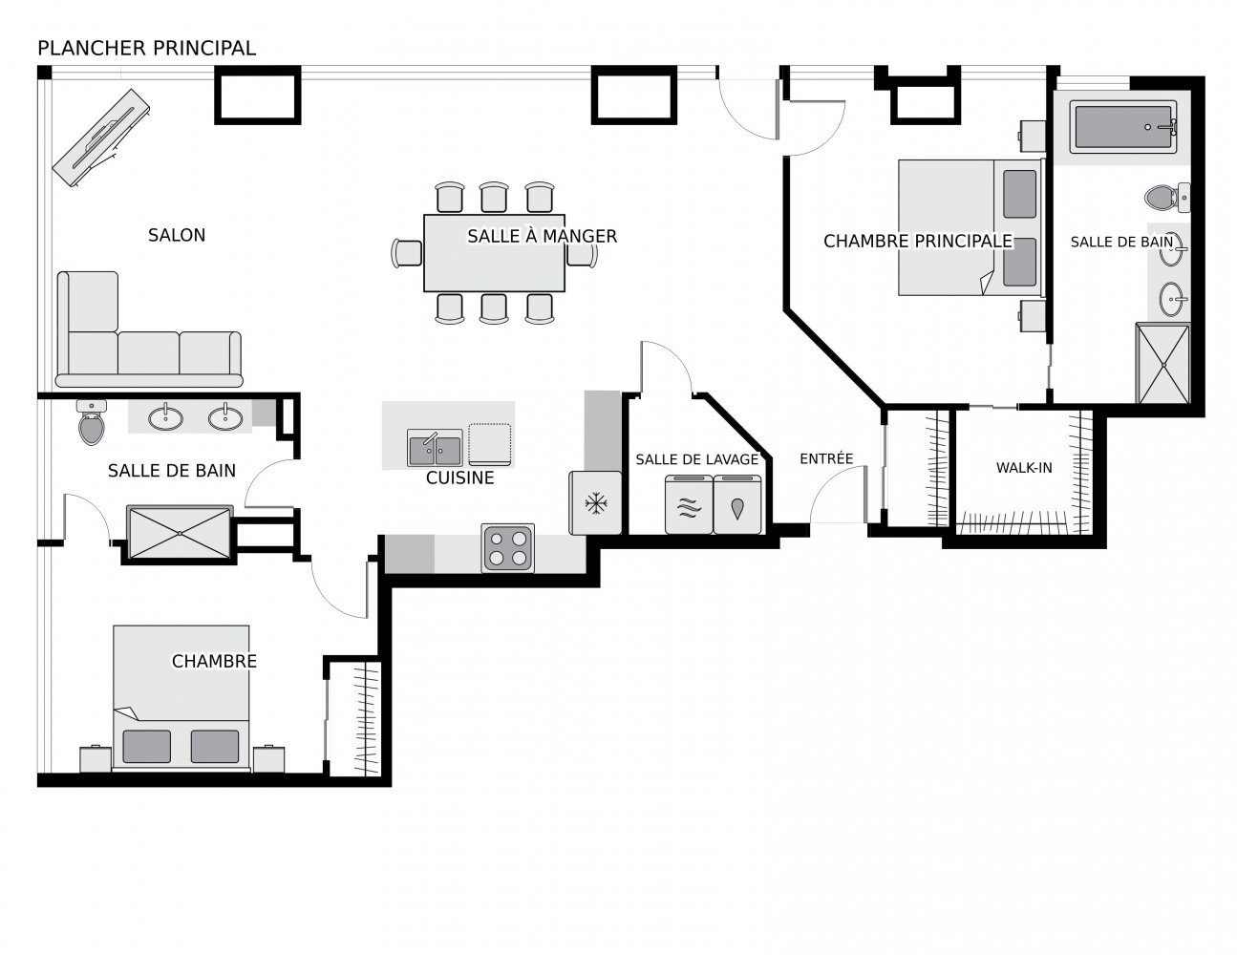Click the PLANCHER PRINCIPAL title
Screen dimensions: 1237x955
coord(146,49)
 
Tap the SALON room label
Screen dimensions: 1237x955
coord(177,235)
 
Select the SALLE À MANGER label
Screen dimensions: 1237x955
coord(542,236)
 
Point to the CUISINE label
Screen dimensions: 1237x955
coord(459,478)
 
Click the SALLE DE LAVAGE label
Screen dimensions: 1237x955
coord(696,459)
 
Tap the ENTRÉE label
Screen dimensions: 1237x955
coord(826,458)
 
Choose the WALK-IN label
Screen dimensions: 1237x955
coord(1024,468)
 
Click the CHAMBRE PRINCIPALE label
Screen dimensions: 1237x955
coord(918,242)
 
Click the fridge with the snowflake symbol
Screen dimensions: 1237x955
coord(595,502)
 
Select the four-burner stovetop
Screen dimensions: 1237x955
coord(508,548)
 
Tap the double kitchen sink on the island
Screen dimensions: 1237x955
coord(435,448)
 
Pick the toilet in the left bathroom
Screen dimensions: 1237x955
coord(91,422)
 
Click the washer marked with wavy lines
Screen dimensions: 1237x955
coord(689,504)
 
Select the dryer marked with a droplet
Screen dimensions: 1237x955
coord(737,504)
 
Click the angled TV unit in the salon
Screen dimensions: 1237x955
coord(101,138)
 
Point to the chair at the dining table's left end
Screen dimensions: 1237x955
coord(407,253)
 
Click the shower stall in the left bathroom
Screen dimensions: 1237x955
coord(180,533)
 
